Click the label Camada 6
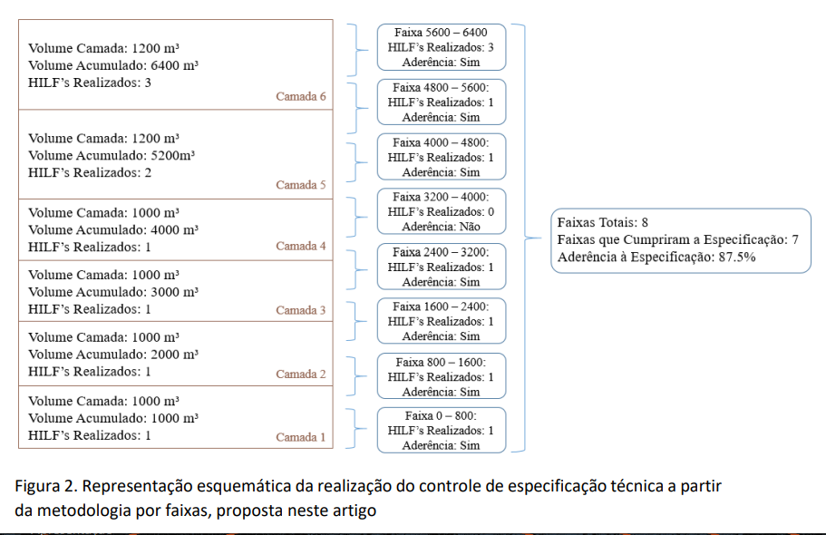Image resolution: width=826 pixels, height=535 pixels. click(301, 96)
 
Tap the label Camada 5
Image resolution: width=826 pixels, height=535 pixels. click(301, 185)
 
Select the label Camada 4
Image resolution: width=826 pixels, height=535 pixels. click(301, 246)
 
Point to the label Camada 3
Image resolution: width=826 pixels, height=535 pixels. click(301, 310)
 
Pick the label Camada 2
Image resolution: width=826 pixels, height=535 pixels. click(301, 374)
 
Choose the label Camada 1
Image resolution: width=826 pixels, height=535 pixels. click(301, 437)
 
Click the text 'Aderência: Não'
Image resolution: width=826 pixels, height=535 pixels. click(442, 227)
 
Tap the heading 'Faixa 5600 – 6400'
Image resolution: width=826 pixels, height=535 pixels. click(441, 33)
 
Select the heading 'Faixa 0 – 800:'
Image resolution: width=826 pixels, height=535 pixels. click(441, 416)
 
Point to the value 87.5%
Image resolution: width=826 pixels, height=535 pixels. click(737, 258)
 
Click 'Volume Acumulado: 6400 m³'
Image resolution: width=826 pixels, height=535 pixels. click(113, 65)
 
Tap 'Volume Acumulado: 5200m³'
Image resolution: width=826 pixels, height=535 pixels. click(112, 155)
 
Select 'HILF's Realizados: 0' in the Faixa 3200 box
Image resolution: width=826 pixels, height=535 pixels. click(441, 212)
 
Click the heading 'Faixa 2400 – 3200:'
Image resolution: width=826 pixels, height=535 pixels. click(441, 252)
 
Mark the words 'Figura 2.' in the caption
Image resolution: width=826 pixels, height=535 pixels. click(46, 486)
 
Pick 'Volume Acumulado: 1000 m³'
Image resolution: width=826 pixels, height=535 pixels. click(113, 418)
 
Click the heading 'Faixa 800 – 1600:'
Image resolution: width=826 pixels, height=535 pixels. click(441, 362)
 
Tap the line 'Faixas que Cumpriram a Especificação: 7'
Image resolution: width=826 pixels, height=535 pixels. click(678, 239)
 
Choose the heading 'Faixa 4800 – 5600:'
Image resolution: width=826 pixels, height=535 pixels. click(441, 87)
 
